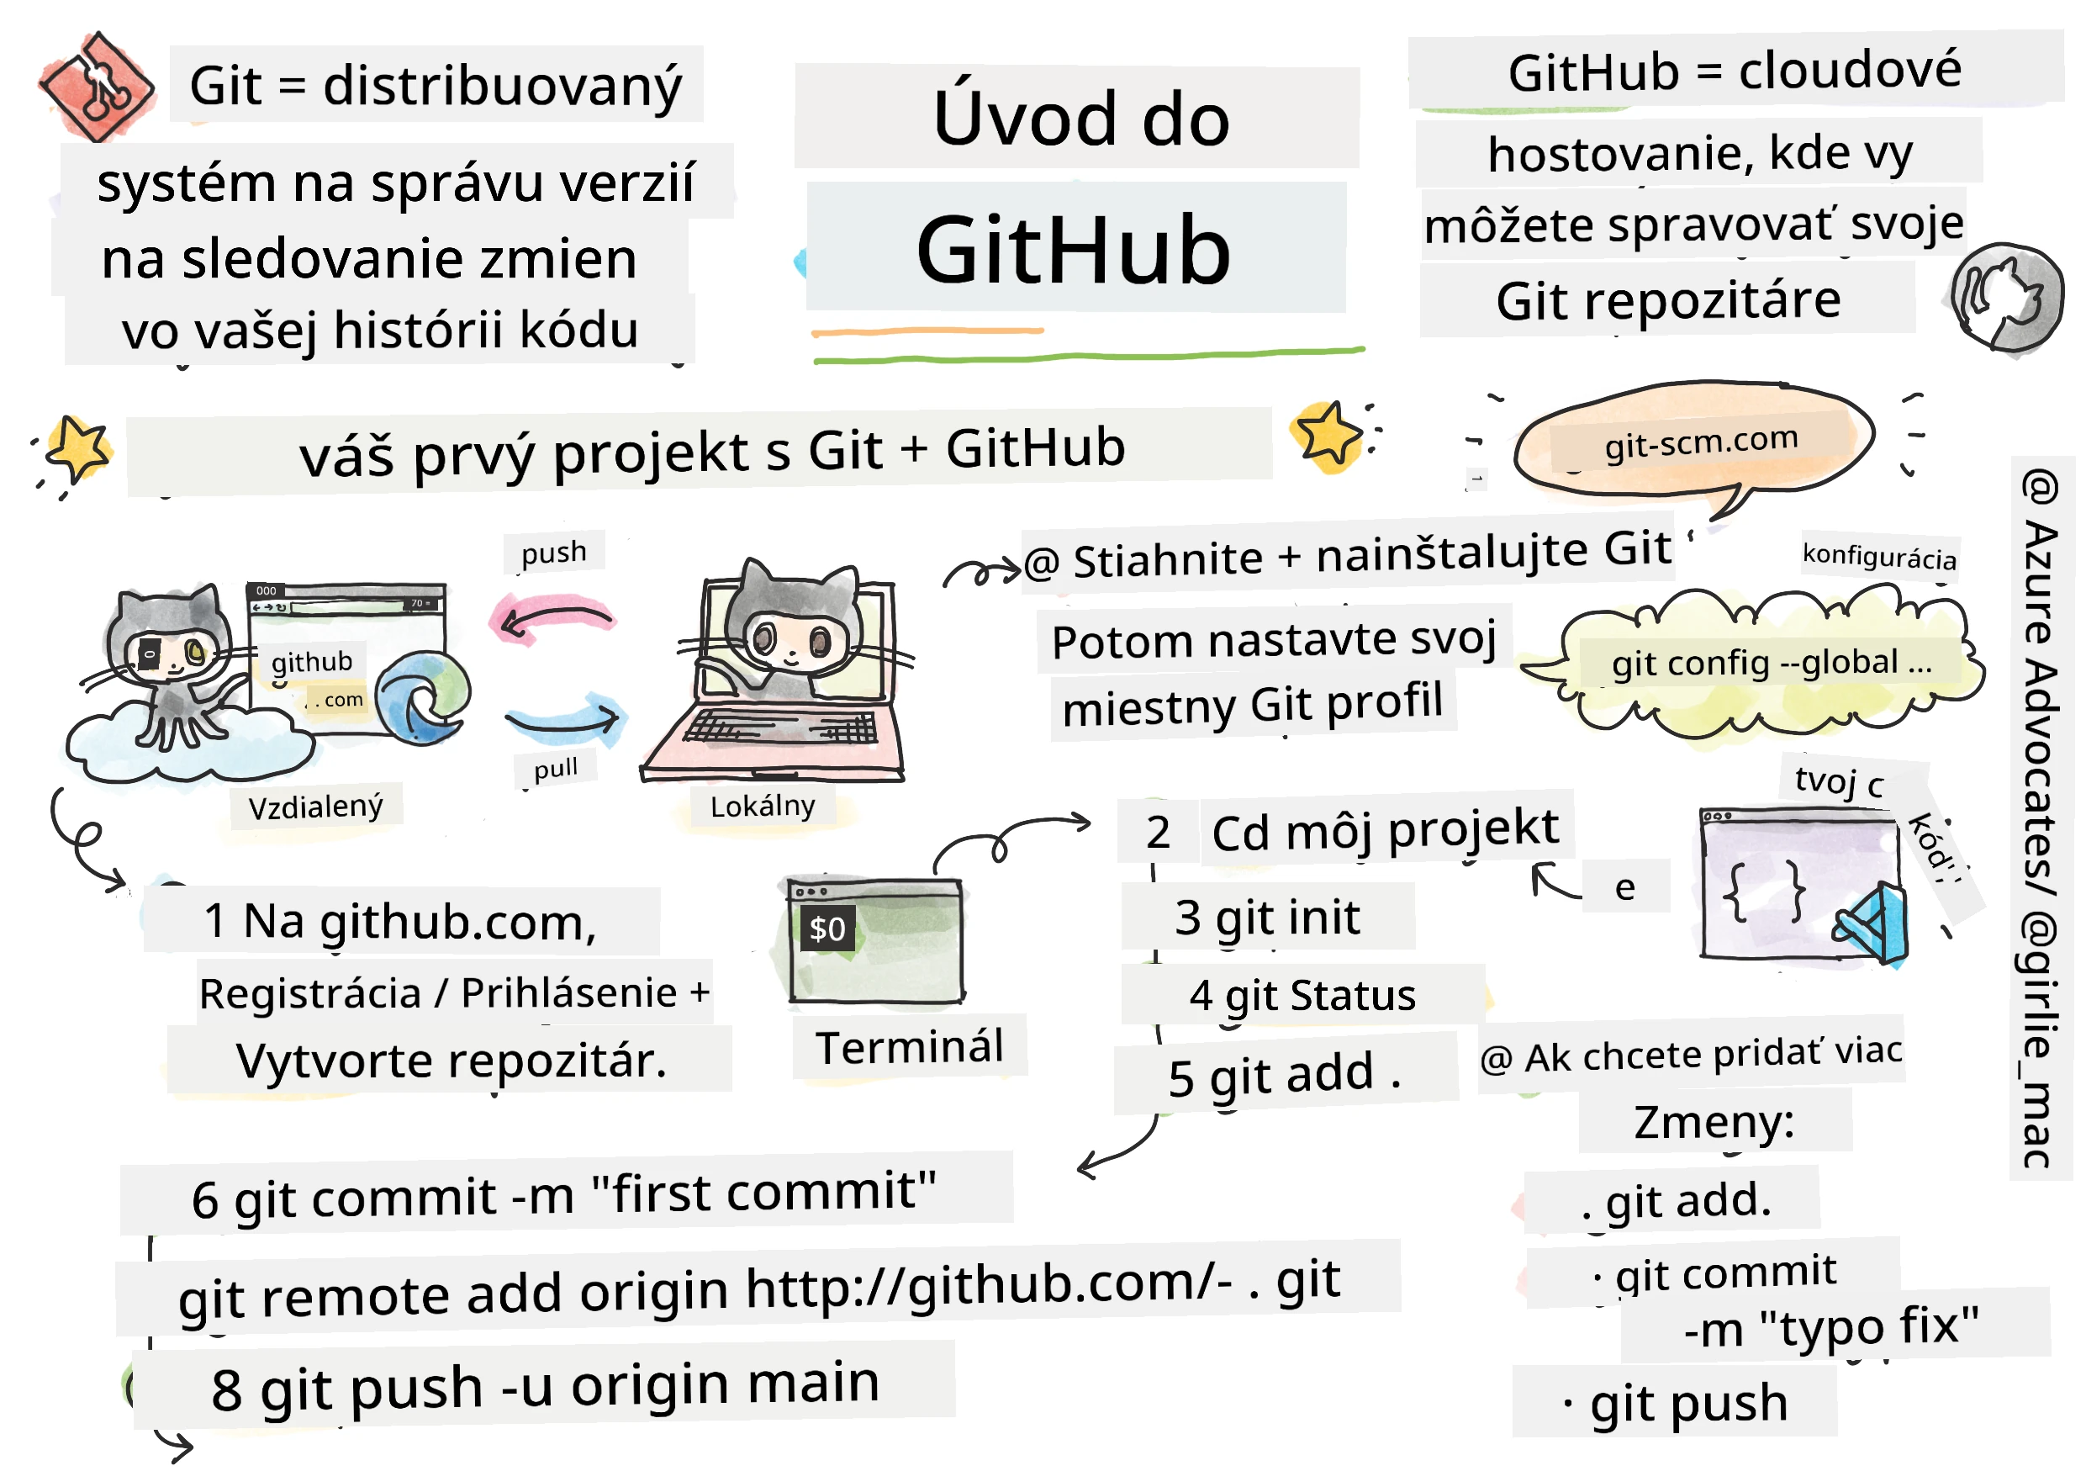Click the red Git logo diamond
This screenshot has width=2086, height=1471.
(97, 87)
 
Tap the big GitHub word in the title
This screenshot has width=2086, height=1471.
(1073, 250)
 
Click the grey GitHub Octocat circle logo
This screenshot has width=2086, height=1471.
(2006, 297)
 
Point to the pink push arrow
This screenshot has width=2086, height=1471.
(552, 618)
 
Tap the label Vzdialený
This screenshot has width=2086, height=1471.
(315, 806)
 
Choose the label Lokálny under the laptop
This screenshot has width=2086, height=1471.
(763, 805)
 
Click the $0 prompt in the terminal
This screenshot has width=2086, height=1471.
(826, 929)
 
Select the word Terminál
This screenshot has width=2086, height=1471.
(910, 1047)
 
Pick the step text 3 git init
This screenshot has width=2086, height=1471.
(1267, 918)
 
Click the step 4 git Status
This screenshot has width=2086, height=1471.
(1302, 996)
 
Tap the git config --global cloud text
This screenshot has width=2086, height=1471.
(1772, 664)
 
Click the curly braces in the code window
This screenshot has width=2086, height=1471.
(1764, 891)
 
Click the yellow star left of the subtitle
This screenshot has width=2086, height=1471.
(78, 447)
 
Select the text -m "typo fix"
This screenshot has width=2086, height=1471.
(1830, 1326)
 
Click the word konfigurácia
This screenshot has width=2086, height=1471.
(1879, 555)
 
